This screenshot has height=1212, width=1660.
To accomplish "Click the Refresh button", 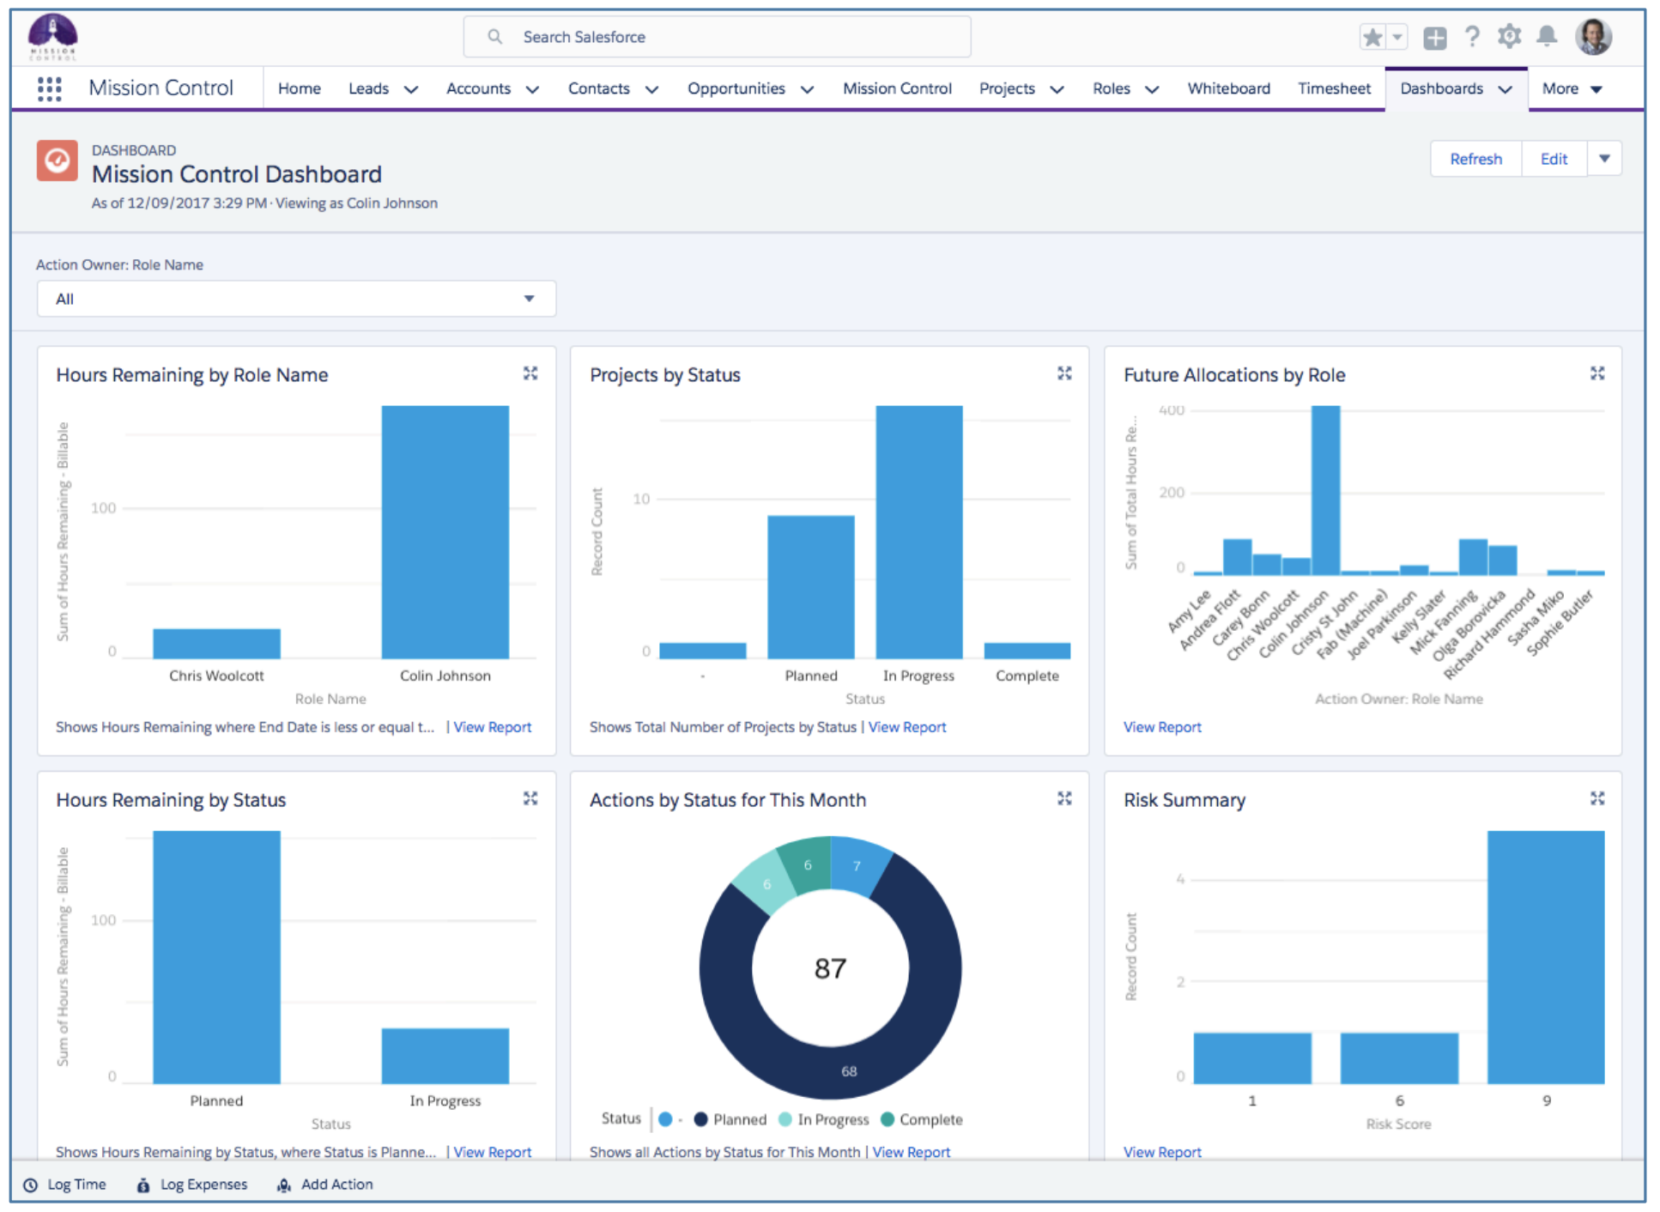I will click(x=1475, y=159).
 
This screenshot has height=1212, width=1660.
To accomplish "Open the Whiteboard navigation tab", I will click(x=1227, y=88).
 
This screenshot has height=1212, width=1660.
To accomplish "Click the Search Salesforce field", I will click(x=717, y=37).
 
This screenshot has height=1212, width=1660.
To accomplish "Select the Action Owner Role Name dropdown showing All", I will click(x=295, y=299).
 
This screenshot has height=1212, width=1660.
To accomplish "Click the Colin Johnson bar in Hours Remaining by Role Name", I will click(x=445, y=532).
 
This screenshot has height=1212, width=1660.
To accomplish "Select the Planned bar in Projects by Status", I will click(x=810, y=587).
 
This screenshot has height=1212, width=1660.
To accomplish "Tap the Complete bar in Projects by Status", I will click(x=1027, y=651).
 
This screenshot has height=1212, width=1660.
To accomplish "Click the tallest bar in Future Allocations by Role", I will click(x=1325, y=490).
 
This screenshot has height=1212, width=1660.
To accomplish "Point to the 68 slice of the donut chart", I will click(x=848, y=1070).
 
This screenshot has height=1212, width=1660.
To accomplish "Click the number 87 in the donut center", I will click(x=830, y=968).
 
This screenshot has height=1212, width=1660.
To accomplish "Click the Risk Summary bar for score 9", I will click(x=1545, y=957).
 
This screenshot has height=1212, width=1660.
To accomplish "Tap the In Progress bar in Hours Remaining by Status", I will click(x=445, y=1056).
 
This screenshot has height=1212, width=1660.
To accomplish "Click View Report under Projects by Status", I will click(x=906, y=727).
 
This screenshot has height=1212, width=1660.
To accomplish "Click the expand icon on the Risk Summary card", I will click(x=1596, y=798).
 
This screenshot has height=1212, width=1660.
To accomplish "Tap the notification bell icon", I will click(x=1546, y=36).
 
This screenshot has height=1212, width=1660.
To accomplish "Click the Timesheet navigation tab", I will click(x=1333, y=88).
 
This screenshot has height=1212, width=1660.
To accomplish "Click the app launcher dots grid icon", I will click(x=50, y=88).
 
